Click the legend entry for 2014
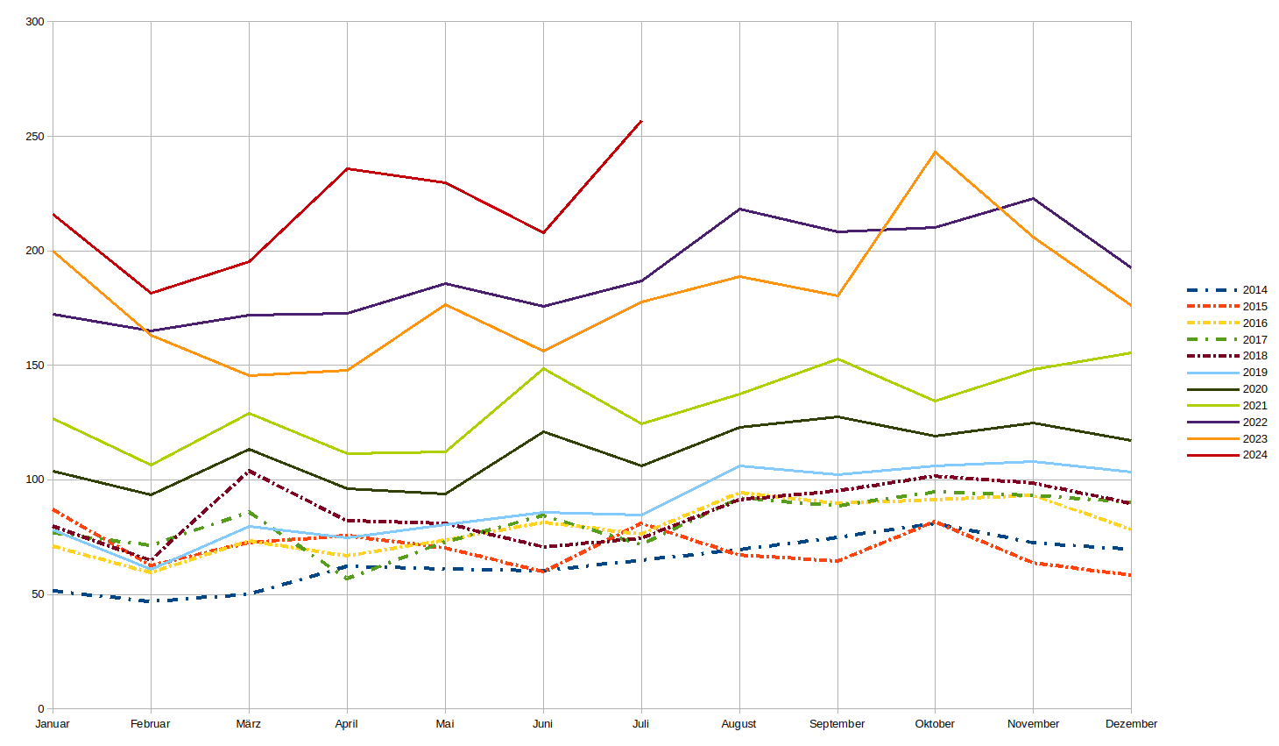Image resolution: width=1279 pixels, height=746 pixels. click(1254, 290)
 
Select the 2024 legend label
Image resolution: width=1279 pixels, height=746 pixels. click(1254, 455)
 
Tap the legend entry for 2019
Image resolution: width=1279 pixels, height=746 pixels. click(1254, 373)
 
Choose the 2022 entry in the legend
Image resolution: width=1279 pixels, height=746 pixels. click(1254, 423)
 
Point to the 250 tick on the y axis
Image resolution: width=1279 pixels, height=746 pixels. click(35, 137)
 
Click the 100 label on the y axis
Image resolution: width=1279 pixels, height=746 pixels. click(35, 480)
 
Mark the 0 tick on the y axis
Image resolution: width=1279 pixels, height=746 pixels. click(40, 708)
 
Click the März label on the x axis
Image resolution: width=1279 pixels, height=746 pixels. click(249, 724)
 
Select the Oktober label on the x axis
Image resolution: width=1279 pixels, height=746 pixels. click(935, 724)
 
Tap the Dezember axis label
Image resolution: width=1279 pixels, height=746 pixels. click(1131, 724)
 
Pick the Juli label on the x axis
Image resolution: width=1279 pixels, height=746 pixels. click(641, 724)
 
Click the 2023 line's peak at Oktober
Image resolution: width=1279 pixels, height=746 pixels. click(936, 152)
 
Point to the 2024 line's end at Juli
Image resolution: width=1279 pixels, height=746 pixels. click(641, 121)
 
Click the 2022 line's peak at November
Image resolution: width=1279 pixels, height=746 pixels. click(1034, 198)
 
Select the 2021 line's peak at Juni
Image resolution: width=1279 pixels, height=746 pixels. click(543, 368)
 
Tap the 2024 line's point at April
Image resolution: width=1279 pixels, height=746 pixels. click(347, 168)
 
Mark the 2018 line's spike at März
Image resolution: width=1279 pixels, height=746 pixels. click(249, 471)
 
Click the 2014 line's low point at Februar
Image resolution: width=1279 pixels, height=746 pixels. click(151, 601)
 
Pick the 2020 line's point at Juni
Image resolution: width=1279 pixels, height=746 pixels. click(543, 431)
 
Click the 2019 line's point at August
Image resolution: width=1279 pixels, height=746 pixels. click(739, 465)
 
